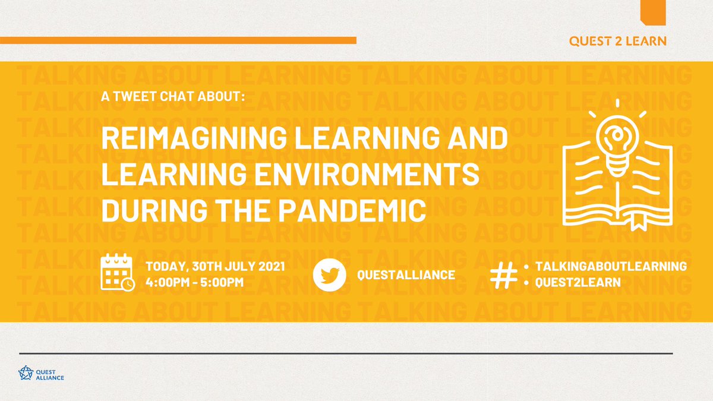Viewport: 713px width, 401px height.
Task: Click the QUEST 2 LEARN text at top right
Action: [617, 41]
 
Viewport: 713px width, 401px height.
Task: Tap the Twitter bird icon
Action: [330, 275]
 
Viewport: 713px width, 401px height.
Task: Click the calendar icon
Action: [117, 271]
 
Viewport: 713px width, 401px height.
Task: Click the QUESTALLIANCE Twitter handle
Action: [406, 275]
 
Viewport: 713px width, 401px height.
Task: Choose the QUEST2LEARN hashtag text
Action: [578, 283]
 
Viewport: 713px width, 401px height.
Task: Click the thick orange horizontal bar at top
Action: [178, 40]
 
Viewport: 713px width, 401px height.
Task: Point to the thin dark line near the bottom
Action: [345, 353]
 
